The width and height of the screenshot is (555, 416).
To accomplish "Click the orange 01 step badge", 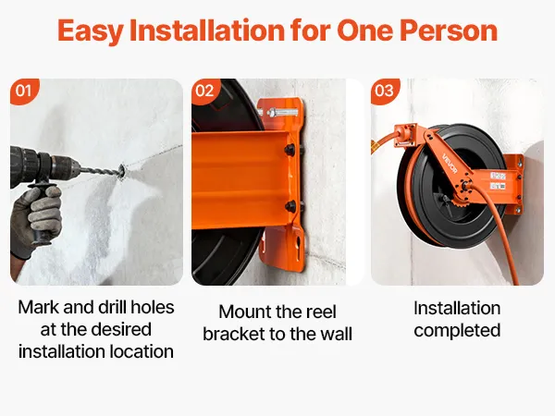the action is pos(23,91).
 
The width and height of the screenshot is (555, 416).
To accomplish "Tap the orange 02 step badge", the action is pos(205,91).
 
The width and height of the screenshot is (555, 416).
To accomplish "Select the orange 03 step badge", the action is pos(385,91).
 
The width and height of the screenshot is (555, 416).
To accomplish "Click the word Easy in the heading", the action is pos(91,31).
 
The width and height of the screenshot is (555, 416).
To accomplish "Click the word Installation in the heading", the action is pos(207,31).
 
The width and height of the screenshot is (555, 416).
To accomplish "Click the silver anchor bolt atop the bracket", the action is pos(279,113).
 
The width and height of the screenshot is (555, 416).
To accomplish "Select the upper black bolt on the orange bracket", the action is pos(290,150).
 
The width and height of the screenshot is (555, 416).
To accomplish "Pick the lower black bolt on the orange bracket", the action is pos(291,206).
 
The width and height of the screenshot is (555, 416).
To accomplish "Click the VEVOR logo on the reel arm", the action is pos(450,164).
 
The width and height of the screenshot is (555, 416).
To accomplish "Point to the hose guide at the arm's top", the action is pos(406,135).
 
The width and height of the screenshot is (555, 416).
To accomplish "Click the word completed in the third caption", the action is pos(457,331).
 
